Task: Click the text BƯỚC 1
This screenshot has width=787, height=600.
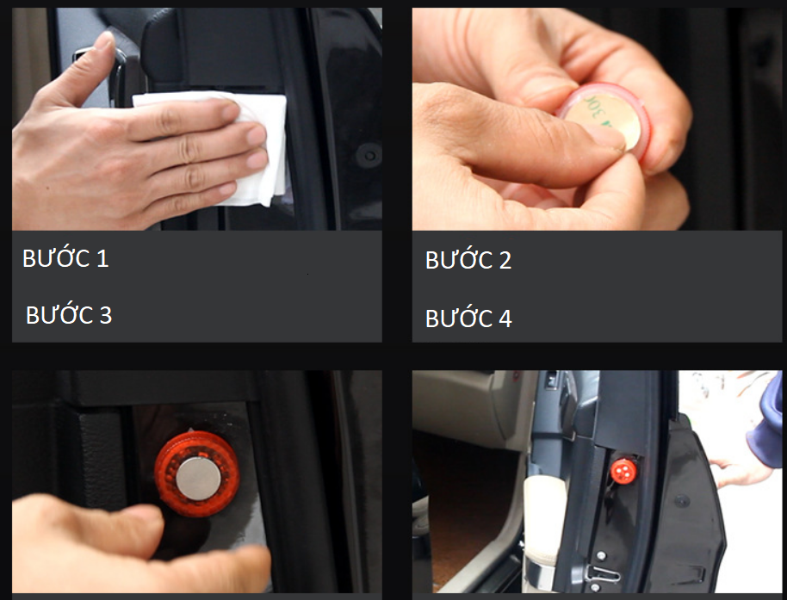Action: pyautogui.click(x=65, y=258)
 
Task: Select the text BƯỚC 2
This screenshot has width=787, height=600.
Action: pyautogui.click(x=468, y=259)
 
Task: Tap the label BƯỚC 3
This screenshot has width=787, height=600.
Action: pyautogui.click(x=69, y=314)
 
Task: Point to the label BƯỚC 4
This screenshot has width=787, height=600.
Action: pyautogui.click(x=468, y=318)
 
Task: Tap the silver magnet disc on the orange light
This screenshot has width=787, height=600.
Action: pyautogui.click(x=199, y=479)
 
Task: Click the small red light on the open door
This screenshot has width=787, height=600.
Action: pyautogui.click(x=623, y=471)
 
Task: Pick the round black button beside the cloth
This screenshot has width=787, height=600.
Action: pyautogui.click(x=369, y=156)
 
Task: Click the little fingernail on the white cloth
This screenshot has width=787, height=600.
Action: pyautogui.click(x=227, y=189)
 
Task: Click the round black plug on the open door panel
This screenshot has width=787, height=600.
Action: pyautogui.click(x=681, y=500)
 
